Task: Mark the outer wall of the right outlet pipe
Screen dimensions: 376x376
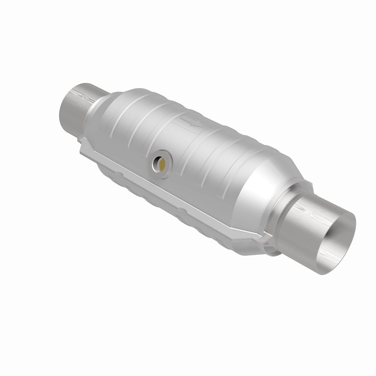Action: tap(306, 226)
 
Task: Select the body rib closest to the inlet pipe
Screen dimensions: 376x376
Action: tap(118, 111)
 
